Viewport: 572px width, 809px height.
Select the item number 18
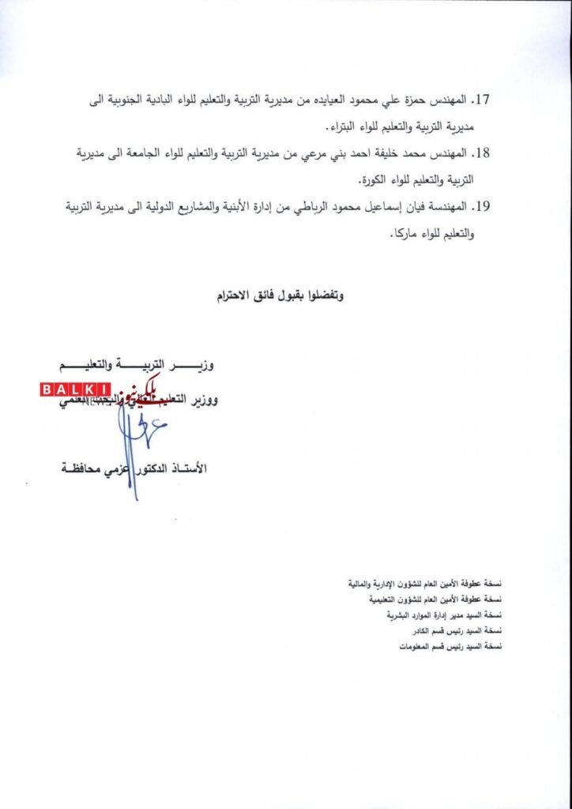481,151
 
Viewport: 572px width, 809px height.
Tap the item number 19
481,207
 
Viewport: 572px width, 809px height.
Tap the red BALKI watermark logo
75,389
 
